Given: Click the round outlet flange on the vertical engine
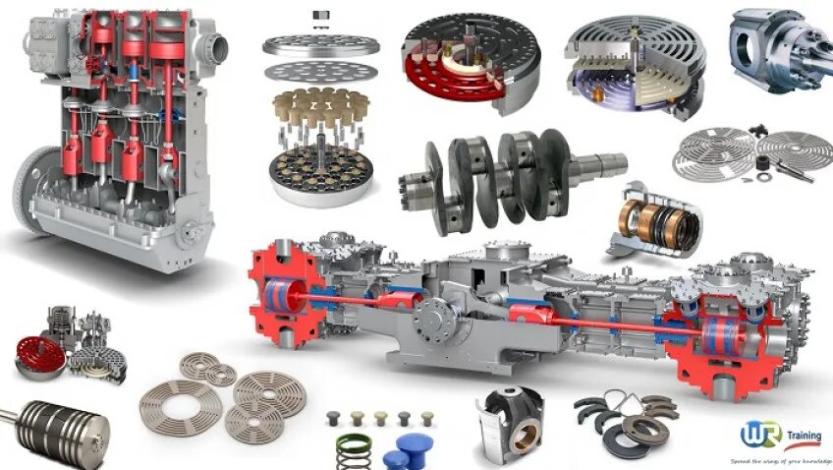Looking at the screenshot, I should pyautogui.click(x=214, y=45).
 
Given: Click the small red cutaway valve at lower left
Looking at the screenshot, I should pyautogui.click(x=40, y=357).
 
